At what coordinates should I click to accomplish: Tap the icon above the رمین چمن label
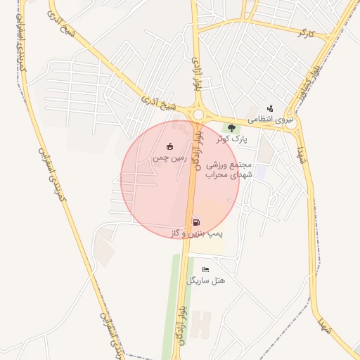click(169, 146)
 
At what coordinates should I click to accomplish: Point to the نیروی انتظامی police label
click(270, 120)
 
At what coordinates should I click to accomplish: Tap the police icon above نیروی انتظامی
click(270, 108)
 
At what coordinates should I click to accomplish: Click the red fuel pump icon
click(195, 222)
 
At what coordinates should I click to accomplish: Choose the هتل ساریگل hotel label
click(205, 280)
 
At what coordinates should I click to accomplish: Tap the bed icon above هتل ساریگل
click(205, 269)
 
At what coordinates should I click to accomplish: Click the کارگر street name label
click(304, 33)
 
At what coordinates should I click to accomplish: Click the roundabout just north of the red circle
click(198, 114)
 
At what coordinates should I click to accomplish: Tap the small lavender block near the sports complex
click(261, 172)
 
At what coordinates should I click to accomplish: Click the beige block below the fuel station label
click(205, 247)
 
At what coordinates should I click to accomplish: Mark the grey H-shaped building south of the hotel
click(201, 324)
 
